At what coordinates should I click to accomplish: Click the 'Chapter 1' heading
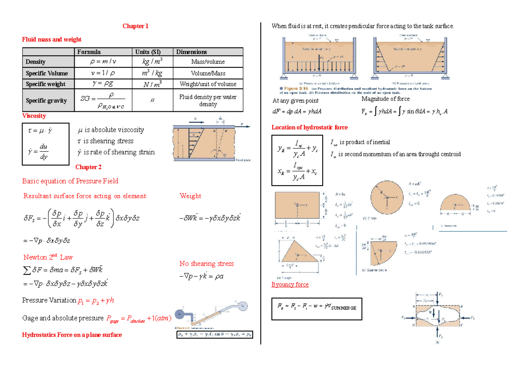(x=135, y=26)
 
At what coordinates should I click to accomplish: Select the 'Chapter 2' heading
(x=88, y=167)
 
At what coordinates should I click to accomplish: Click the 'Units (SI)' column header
(x=148, y=52)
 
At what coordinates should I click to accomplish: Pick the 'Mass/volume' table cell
(x=208, y=62)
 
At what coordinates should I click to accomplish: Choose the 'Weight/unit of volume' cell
(x=208, y=84)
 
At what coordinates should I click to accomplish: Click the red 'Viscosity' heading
(x=34, y=116)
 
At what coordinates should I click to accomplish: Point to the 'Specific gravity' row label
(x=46, y=100)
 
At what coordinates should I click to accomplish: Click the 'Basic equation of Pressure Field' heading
(x=70, y=181)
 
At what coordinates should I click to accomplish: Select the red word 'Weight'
(x=190, y=196)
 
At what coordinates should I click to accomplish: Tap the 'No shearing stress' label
(x=206, y=263)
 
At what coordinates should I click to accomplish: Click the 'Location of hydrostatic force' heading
(x=310, y=127)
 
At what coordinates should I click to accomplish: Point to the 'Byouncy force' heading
(x=290, y=284)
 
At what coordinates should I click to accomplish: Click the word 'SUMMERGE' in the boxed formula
(x=343, y=308)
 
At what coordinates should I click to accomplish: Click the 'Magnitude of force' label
(x=386, y=99)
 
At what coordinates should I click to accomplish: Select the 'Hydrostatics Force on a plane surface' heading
(x=72, y=335)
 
